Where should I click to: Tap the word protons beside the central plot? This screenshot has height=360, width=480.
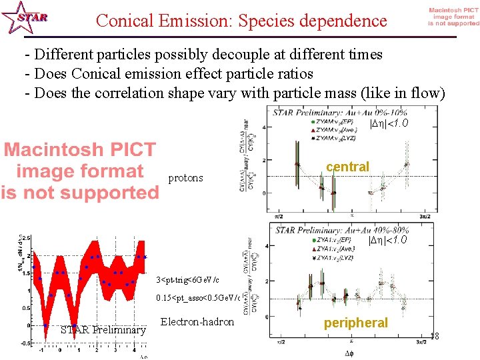coord(187,178)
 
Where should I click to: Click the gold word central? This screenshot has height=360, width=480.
coord(348,167)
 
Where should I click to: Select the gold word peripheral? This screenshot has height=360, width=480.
coord(356,323)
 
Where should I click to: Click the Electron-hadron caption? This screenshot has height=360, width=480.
coord(197,322)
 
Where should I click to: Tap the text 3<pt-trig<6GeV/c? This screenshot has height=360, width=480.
coord(187,279)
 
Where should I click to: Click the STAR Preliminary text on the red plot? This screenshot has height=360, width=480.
coord(103,330)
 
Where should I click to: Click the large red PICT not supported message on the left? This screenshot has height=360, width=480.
coord(79,171)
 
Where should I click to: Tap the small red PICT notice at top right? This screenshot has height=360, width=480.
coord(453,17)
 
